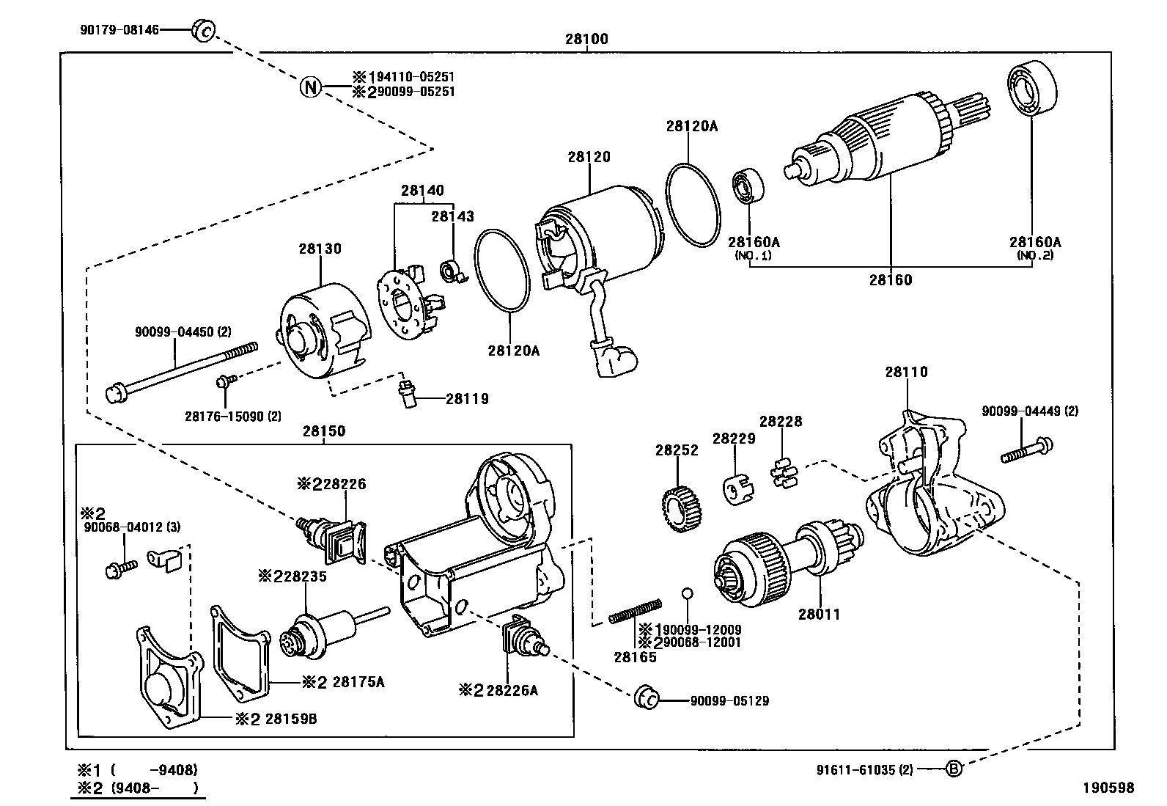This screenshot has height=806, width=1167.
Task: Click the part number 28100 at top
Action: pyautogui.click(x=586, y=39)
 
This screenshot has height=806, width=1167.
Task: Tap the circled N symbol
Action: pyautogui.click(x=311, y=87)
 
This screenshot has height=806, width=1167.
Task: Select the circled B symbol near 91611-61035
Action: pyautogui.click(x=952, y=769)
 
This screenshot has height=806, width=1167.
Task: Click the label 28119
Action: pyautogui.click(x=467, y=399)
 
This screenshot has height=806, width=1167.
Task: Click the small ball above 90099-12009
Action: pyautogui.click(x=687, y=593)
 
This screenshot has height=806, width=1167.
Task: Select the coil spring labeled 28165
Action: pyautogui.click(x=636, y=611)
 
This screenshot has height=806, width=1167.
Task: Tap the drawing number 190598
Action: pyautogui.click(x=1109, y=788)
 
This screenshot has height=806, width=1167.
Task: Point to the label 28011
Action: pyautogui.click(x=819, y=615)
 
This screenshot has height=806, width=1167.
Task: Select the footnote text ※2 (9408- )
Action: pyautogui.click(x=139, y=788)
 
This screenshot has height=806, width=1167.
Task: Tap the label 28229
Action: pyautogui.click(x=734, y=439)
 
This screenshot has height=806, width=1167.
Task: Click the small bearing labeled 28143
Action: pyautogui.click(x=449, y=273)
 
